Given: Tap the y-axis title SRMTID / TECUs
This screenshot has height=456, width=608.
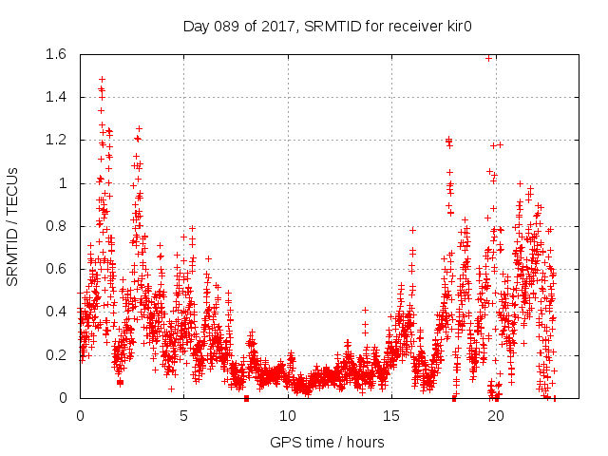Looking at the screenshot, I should [x=12, y=225].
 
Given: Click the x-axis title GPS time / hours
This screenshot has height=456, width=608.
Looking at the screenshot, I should [x=327, y=442].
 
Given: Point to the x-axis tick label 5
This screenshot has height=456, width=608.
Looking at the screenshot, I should [x=183, y=415].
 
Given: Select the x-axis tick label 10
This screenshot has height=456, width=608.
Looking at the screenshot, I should [x=288, y=415].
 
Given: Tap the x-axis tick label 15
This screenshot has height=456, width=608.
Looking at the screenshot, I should [x=391, y=415].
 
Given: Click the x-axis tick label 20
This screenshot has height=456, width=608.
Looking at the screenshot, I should [x=495, y=415].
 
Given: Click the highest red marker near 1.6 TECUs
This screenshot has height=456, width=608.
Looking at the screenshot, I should [x=489, y=58].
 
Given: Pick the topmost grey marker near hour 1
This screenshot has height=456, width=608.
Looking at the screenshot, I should [x=102, y=80].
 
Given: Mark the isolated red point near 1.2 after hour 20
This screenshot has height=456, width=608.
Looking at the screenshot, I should [x=501, y=144].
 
